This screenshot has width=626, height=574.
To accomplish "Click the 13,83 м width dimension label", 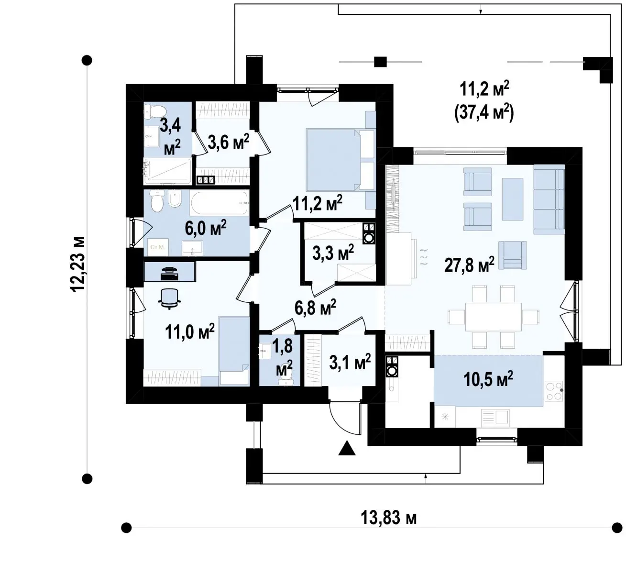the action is [388, 518].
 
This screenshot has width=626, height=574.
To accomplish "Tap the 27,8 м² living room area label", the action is [469, 265].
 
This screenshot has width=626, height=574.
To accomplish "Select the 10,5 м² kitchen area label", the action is [488, 379].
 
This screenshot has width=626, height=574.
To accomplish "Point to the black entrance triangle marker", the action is [347, 448].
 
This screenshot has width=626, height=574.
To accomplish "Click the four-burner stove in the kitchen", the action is [554, 391].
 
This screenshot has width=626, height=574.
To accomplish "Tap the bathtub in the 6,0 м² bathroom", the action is [220, 203].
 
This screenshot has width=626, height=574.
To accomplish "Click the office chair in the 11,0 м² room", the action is [169, 298].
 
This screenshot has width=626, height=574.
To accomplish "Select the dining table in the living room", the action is [493, 317].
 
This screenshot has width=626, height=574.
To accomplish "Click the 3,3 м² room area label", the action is [333, 253].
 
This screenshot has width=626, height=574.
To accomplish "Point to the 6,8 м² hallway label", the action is [315, 308].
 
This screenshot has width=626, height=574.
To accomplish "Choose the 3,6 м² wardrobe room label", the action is [229, 142].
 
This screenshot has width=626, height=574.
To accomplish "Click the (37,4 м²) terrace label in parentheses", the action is [484, 112].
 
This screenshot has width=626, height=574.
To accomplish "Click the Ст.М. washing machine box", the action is [158, 247].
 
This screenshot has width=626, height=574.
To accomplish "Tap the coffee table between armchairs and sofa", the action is [512, 199].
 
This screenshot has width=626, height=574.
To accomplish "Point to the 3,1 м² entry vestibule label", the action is [350, 362].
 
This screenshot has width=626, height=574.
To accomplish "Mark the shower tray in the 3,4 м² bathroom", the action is [167, 171].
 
